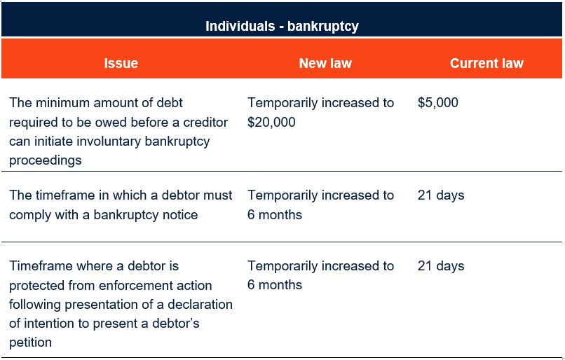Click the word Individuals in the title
240,27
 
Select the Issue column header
121,63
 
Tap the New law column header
325,63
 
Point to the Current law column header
486,63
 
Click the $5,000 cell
438,102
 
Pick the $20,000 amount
271,122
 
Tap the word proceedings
46,160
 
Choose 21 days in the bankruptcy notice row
441,195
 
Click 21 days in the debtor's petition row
441,266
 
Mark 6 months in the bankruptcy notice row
275,215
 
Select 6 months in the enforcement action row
275,285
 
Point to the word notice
180,215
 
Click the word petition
30,342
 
